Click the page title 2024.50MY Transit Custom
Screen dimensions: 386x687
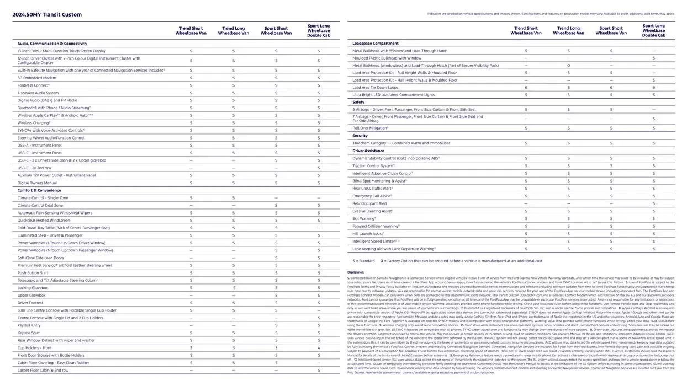click(x=47, y=15)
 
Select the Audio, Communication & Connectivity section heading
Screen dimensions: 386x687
click(x=52, y=44)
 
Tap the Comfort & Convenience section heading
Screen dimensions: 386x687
click(x=39, y=190)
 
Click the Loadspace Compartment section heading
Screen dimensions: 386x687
click(x=375, y=43)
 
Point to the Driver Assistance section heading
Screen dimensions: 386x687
click(x=369, y=151)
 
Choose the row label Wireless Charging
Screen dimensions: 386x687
click(x=34, y=123)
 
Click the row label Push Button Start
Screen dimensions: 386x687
click(x=33, y=273)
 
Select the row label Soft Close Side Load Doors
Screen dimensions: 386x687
click(x=40, y=258)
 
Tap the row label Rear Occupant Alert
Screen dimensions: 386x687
click(x=369, y=203)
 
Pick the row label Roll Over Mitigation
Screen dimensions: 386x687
click(x=371, y=128)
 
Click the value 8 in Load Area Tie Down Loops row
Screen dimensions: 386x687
click(x=568, y=88)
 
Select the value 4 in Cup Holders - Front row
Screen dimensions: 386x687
click(x=319, y=348)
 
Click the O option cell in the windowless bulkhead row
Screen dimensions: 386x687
click(x=568, y=66)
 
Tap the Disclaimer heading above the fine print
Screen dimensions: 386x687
click(x=356, y=272)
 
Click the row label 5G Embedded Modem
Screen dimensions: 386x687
click(x=38, y=78)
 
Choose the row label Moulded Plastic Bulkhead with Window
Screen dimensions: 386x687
click(x=387, y=58)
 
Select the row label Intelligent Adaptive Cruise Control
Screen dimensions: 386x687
click(x=383, y=173)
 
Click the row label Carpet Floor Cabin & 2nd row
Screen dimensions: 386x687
click(x=43, y=371)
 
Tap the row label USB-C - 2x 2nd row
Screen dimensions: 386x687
click(x=34, y=168)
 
